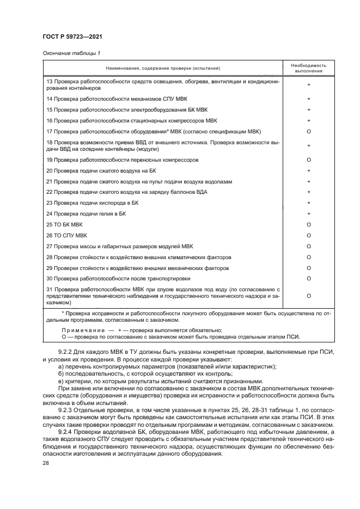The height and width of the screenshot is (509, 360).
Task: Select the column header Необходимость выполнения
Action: [x=308, y=68]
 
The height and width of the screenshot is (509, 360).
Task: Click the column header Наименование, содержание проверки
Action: [x=163, y=68]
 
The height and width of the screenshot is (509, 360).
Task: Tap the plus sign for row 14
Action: [x=308, y=99]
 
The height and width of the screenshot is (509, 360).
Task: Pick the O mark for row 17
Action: [x=308, y=132]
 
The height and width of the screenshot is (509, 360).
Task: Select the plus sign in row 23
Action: [x=308, y=203]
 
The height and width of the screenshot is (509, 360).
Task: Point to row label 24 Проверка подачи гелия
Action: [x=86, y=214]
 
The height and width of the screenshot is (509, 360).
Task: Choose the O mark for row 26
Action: [x=308, y=235]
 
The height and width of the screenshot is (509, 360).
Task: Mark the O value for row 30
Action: [x=308, y=278]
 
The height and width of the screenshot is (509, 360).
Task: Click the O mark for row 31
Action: [x=308, y=296]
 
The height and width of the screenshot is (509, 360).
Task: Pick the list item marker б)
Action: [x=60, y=374]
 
